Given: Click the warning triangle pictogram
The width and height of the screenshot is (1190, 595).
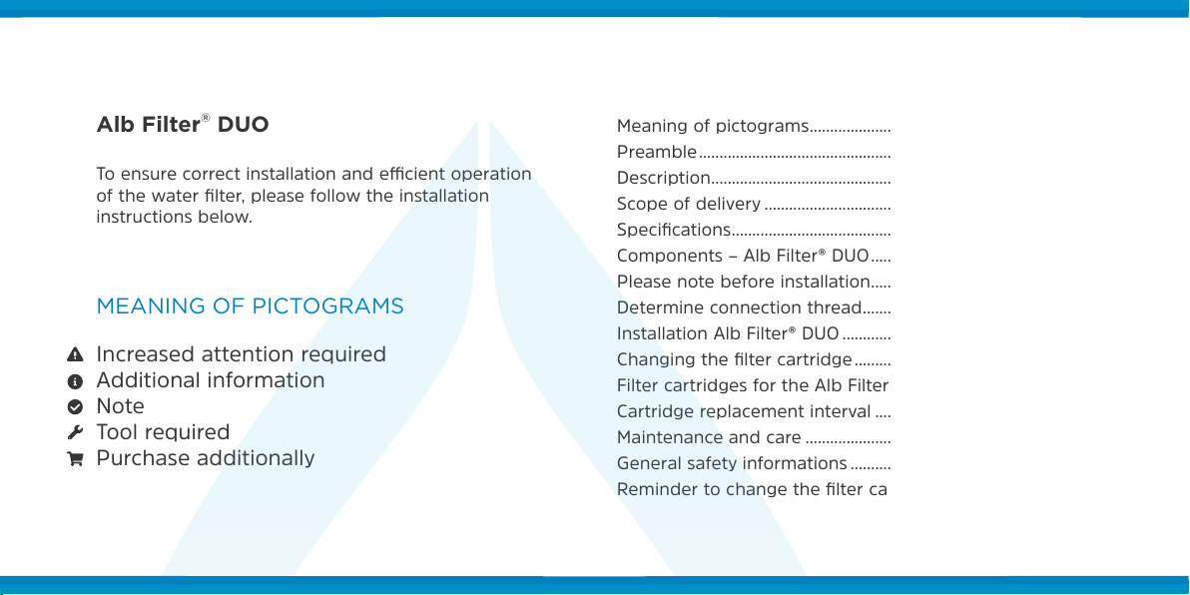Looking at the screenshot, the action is (x=74, y=354).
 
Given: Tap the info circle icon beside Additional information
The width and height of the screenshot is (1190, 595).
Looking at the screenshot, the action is (x=74, y=381).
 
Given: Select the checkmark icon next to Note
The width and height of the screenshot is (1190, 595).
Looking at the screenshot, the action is (x=74, y=406).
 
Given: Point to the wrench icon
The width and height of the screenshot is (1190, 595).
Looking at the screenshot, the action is (x=74, y=432).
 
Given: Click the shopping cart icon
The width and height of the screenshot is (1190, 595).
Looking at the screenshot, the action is (x=74, y=458).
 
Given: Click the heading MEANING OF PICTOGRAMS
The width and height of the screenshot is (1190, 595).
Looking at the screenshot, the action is (x=250, y=306).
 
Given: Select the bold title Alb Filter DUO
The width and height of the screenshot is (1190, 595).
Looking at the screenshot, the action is (x=182, y=125).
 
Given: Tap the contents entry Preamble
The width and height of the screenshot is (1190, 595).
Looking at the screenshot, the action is (x=657, y=152).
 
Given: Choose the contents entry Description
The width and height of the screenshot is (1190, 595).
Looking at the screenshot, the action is (x=663, y=178).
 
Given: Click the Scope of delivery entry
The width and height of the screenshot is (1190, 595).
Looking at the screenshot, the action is (x=689, y=204).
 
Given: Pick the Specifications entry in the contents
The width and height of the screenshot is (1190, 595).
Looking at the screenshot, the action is (x=674, y=230).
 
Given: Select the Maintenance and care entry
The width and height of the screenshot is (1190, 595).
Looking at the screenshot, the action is (x=709, y=437).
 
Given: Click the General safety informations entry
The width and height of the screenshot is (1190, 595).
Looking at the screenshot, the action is (x=733, y=463).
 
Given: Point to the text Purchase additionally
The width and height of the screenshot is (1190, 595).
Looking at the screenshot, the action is (x=205, y=458).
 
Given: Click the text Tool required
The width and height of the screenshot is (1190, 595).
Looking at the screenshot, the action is (x=163, y=432).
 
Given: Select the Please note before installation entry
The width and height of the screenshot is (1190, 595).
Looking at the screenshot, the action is (x=743, y=282).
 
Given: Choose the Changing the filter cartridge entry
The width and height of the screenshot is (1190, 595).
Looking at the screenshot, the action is (x=735, y=359).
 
